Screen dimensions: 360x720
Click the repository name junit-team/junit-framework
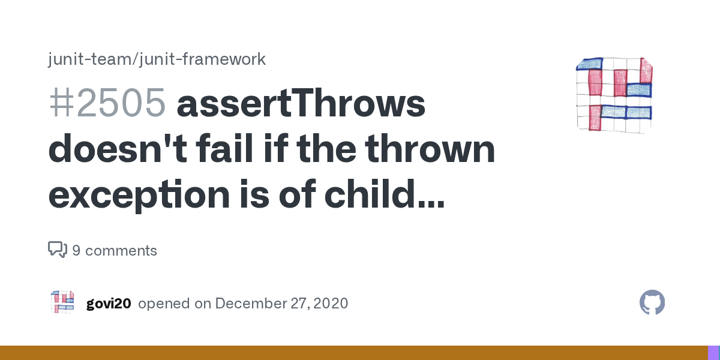pos(157,59)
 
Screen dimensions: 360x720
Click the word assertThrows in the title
pos(301,104)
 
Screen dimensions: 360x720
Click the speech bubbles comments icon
pos(58,250)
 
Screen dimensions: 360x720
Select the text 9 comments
pos(115,251)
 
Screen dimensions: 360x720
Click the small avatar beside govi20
pos(62,302)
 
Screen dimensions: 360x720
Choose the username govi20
pos(109,304)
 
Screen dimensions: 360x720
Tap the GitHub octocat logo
pos(652,302)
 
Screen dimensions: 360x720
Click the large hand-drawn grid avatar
pos(614,94)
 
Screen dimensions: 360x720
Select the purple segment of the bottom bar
pos(713,353)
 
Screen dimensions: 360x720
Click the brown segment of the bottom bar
pos(354,353)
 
